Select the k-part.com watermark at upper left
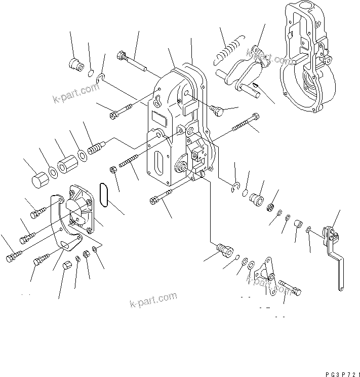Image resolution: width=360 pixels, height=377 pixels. (x=76, y=93)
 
